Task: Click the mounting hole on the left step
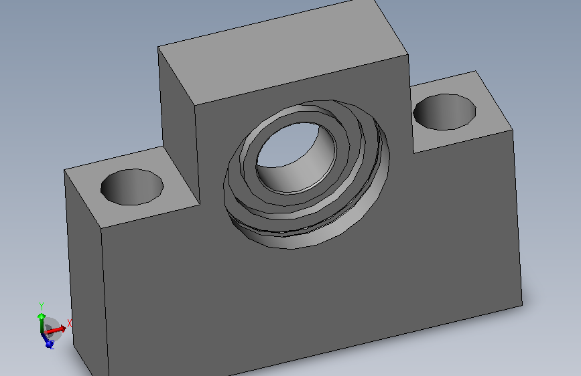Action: pos(132,187)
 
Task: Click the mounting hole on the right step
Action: pos(444,112)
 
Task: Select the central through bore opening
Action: pos(296,157)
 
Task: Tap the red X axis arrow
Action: pos(56,329)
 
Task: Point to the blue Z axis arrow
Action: pos(47,340)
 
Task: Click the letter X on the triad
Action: pos(69,323)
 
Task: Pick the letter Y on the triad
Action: pos(42,306)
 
